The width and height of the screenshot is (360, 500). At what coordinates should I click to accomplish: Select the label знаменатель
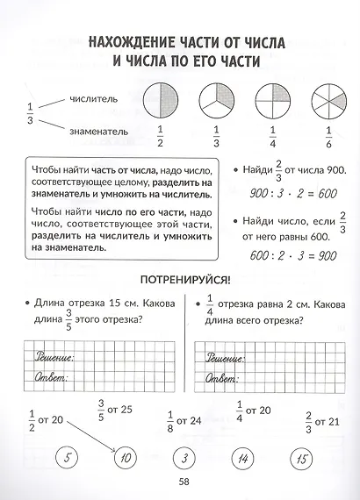(87, 132)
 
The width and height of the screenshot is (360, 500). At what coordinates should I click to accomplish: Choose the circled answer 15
(303, 457)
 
